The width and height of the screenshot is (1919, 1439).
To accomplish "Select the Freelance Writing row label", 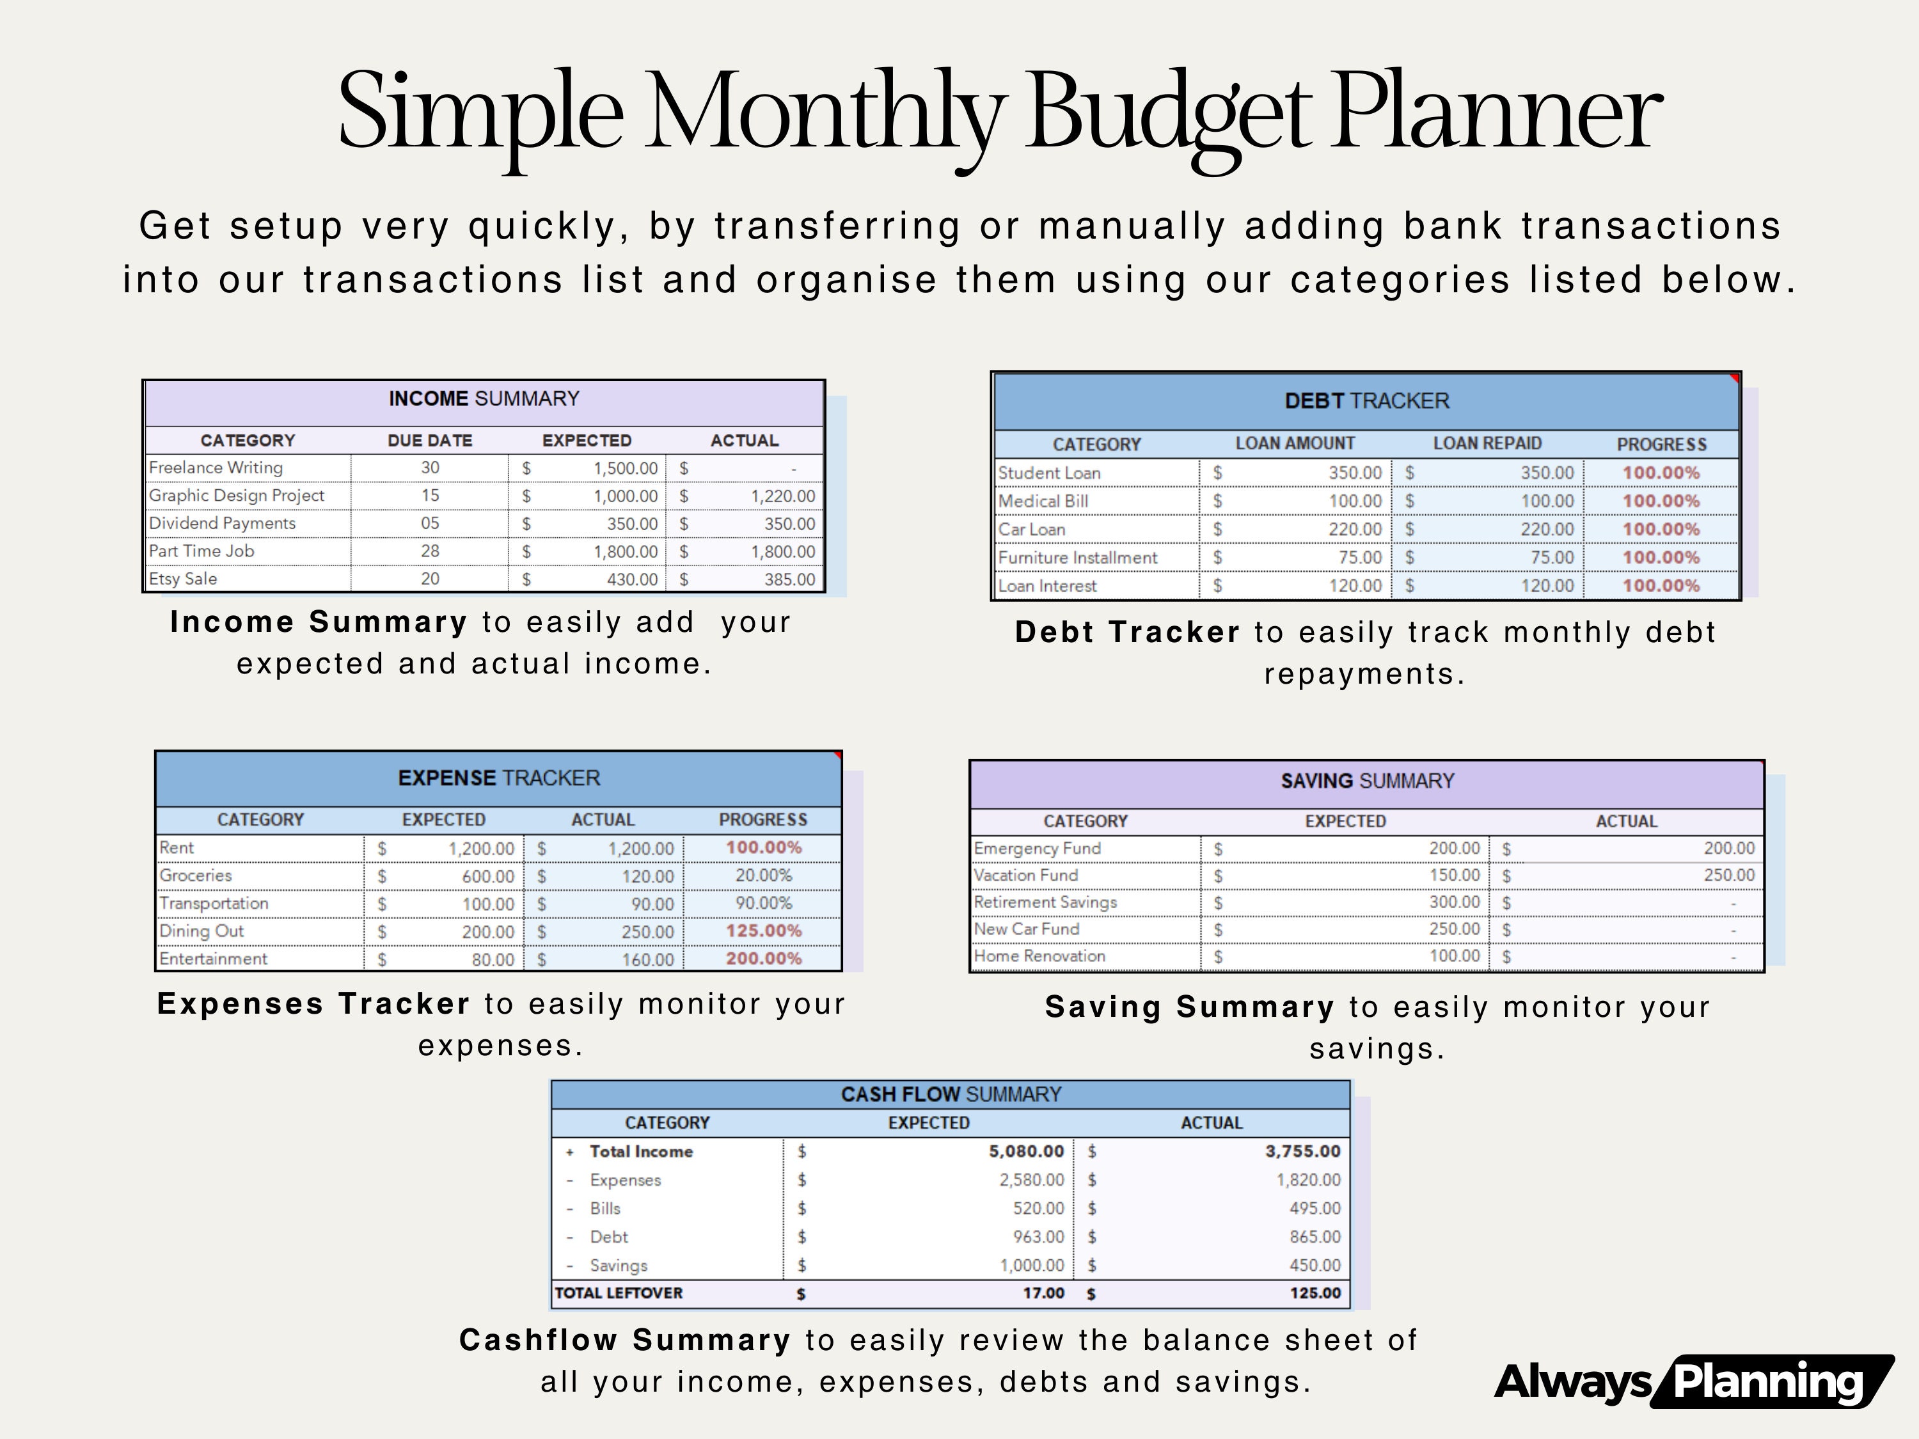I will click(x=216, y=468).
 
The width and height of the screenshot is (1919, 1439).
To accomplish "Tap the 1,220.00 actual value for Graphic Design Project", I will click(x=782, y=496).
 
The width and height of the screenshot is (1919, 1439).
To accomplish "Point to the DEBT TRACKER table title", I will click(x=1366, y=401).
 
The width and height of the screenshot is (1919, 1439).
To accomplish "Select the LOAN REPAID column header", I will click(x=1487, y=443).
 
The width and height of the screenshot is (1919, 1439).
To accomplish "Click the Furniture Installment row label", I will click(x=1077, y=558).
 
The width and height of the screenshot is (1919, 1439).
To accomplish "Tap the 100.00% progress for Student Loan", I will click(x=1661, y=473).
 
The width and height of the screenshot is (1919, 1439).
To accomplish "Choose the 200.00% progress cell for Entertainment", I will click(x=763, y=959).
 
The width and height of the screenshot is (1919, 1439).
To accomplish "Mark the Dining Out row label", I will click(x=202, y=931).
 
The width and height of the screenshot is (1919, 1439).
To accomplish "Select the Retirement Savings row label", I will click(x=1045, y=902).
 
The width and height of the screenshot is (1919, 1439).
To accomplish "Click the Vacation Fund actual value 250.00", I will click(x=1728, y=875).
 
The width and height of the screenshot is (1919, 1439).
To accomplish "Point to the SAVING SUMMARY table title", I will click(x=1367, y=781).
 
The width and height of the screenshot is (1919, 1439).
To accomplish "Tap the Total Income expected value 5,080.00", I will click(x=1025, y=1151).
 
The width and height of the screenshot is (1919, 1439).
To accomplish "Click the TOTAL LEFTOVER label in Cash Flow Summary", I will click(x=619, y=1293).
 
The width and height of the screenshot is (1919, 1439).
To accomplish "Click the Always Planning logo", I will click(x=1692, y=1381).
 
